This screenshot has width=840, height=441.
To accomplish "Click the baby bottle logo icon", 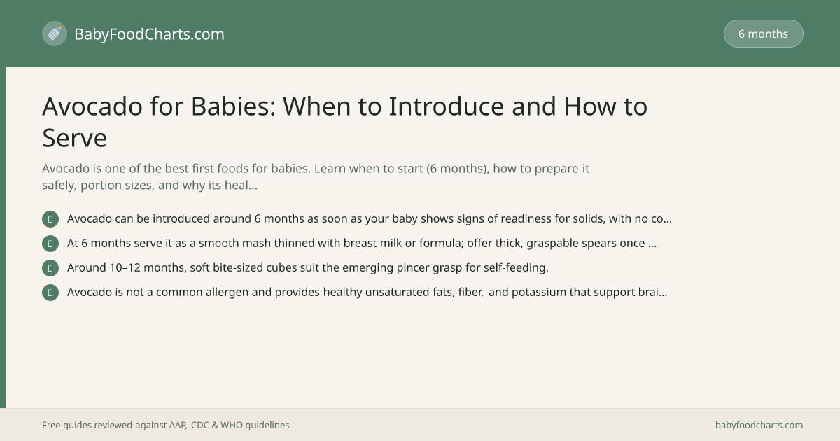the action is point(55,34).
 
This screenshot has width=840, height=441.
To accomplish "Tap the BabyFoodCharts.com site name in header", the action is point(149,34).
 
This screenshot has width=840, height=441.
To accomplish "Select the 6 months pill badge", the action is point(763,34).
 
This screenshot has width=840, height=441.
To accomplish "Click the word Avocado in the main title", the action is point(92,106).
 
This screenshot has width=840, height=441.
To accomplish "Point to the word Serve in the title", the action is point(75,138).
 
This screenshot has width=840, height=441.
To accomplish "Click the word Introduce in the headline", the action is point(447,106).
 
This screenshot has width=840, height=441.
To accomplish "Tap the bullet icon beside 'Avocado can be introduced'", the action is point(50,219).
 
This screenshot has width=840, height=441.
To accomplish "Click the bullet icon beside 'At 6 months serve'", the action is point(50,244).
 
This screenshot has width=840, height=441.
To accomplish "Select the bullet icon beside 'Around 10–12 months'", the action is point(50,267).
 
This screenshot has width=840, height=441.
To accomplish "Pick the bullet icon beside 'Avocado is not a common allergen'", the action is point(50,293).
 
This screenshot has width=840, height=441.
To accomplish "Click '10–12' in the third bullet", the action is point(125,267).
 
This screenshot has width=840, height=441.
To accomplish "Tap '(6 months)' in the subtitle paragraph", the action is point(458,169).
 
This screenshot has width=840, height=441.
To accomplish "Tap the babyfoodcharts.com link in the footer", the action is point(759,426).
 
